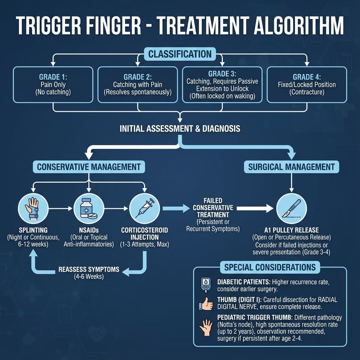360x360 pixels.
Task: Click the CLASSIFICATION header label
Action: tap(180, 54)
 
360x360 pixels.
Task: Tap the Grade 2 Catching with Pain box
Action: tap(137, 85)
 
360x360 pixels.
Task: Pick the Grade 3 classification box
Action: tap(222, 85)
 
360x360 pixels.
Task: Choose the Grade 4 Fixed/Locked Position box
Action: tap(307, 85)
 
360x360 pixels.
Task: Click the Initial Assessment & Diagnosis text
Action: tap(180, 129)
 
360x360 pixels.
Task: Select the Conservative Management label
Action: tap(89, 167)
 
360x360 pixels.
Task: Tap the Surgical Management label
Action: tap(291, 167)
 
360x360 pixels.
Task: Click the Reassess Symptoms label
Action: tap(89, 270)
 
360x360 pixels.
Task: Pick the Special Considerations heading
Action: tap(270, 267)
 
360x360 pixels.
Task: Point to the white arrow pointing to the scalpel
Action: tap(255, 208)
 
